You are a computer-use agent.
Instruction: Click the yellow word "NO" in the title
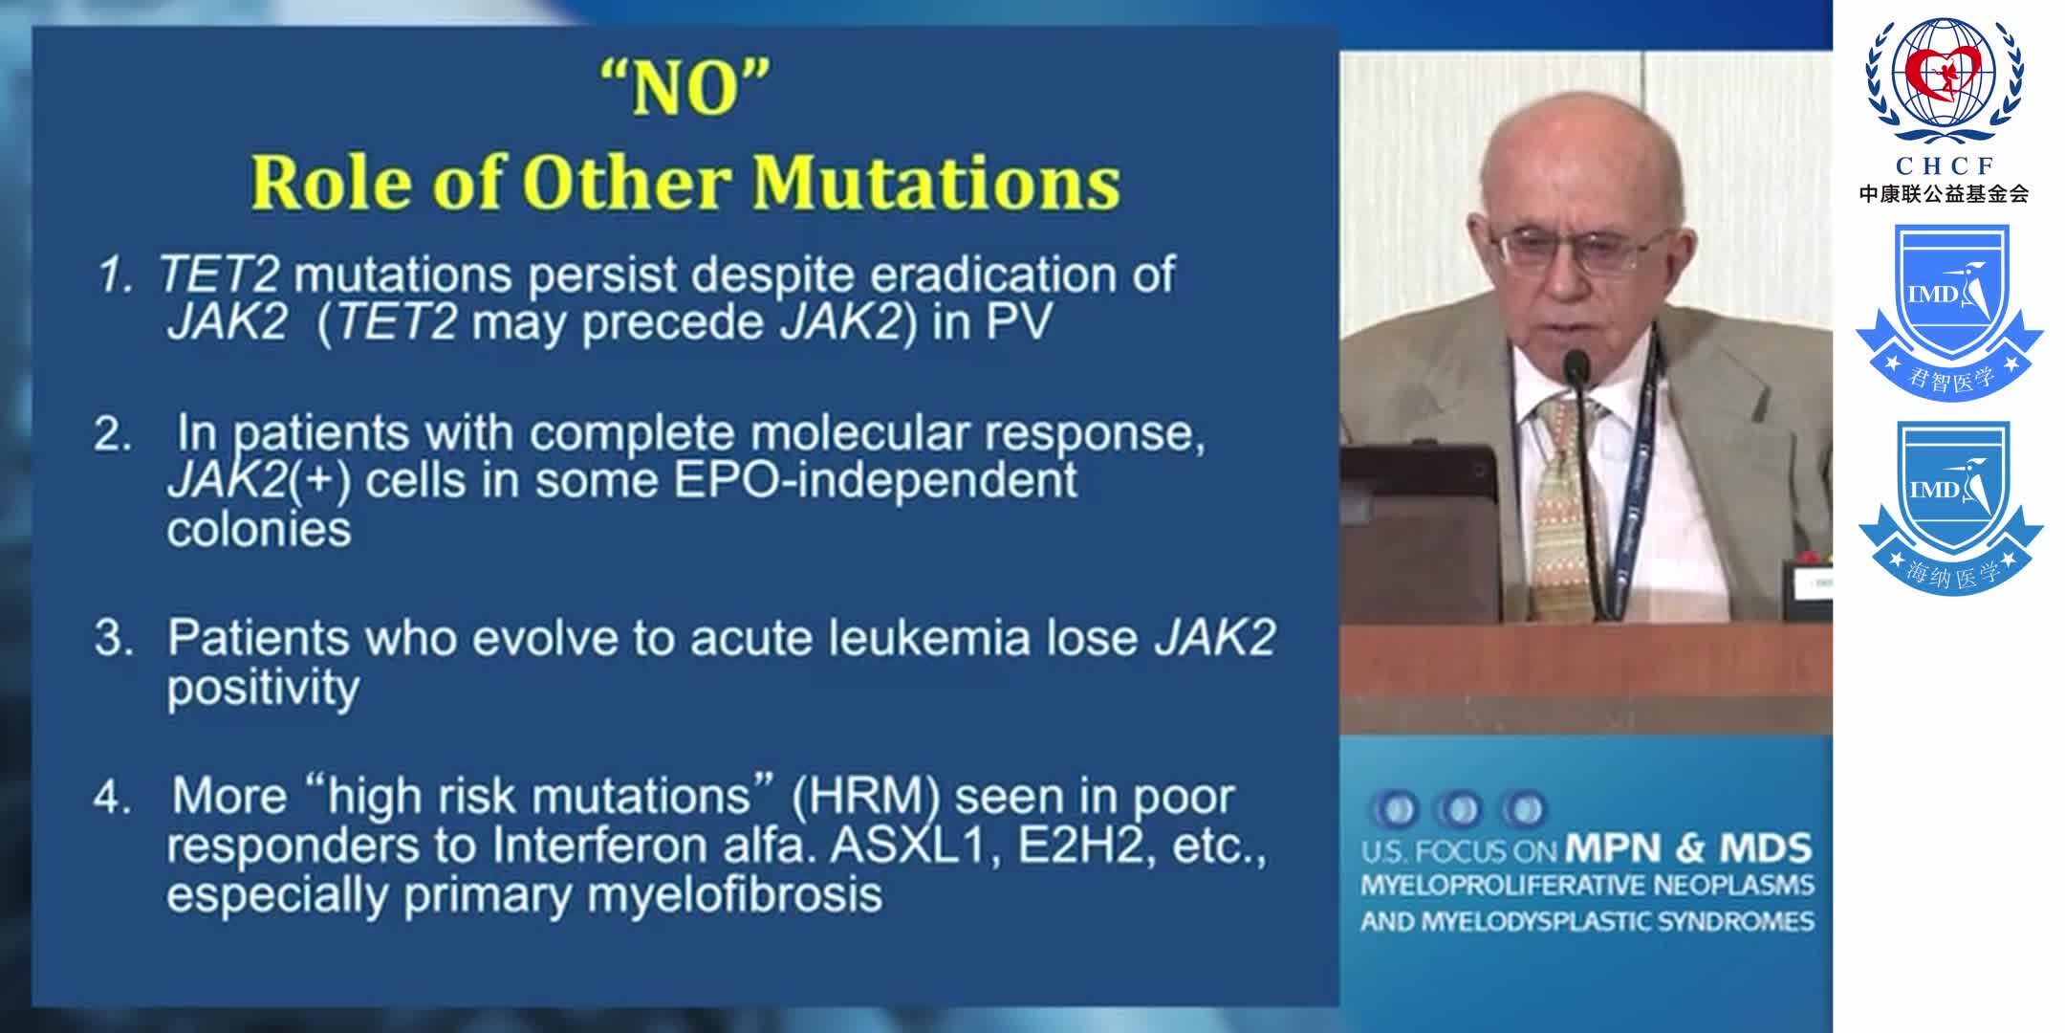(x=685, y=89)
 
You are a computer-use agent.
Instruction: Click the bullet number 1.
(x=114, y=276)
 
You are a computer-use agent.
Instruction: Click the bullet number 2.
(x=112, y=435)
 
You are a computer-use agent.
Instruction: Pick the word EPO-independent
(x=875, y=480)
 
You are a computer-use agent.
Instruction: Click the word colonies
(x=259, y=529)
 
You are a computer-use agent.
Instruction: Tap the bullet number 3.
(x=113, y=639)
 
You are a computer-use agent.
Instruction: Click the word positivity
(x=263, y=688)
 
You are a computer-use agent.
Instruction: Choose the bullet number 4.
(x=112, y=798)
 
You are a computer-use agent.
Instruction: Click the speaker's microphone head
(x=1576, y=364)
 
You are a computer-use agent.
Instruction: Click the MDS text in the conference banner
(x=1765, y=847)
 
